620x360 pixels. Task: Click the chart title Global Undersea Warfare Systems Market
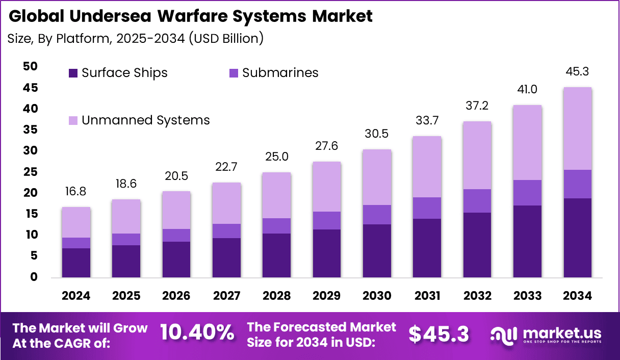pyautogui.click(x=191, y=16)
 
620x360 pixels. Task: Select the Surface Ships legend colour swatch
pyautogui.click(x=73, y=73)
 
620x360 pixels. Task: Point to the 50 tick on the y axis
pyautogui.click(x=30, y=66)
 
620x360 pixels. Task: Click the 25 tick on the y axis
pyautogui.click(x=30, y=172)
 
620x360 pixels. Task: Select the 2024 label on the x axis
pyautogui.click(x=76, y=296)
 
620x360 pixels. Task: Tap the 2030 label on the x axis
pyautogui.click(x=377, y=296)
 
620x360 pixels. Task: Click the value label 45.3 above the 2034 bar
pyautogui.click(x=577, y=71)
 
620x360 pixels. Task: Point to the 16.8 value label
pyautogui.click(x=76, y=192)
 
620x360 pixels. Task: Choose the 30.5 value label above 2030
pyautogui.click(x=377, y=134)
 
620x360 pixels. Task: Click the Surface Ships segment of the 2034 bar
pyautogui.click(x=577, y=238)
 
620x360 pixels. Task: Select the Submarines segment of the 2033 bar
pyautogui.click(x=527, y=193)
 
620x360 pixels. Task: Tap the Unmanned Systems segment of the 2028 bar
pyautogui.click(x=276, y=195)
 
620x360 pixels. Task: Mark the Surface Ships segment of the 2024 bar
pyautogui.click(x=76, y=263)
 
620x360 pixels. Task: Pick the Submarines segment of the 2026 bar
pyautogui.click(x=176, y=235)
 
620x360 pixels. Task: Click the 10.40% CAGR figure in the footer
pyautogui.click(x=197, y=333)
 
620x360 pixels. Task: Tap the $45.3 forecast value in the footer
pyautogui.click(x=439, y=334)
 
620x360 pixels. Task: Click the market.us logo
pyautogui.click(x=546, y=334)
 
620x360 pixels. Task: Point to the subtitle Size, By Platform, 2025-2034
pyautogui.click(x=135, y=39)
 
